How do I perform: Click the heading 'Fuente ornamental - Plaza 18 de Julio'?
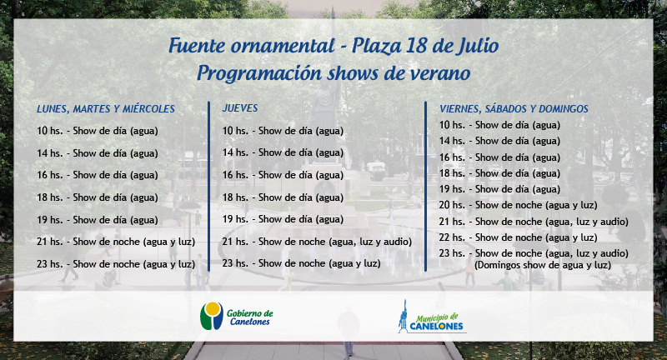(x=333, y=46)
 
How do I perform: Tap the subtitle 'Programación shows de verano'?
(x=333, y=73)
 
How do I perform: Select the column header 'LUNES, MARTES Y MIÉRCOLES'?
(x=106, y=109)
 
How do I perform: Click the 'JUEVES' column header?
(x=240, y=108)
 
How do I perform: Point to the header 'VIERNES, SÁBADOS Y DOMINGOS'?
(x=514, y=109)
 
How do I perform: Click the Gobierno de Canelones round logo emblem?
(x=212, y=316)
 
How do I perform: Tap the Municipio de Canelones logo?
(x=432, y=317)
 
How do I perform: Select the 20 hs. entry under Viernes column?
(x=518, y=205)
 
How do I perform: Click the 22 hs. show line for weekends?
(x=518, y=237)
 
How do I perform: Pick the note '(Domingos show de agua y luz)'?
(x=543, y=265)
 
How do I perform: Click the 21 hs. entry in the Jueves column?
(x=317, y=242)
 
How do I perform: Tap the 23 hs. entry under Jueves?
(x=301, y=263)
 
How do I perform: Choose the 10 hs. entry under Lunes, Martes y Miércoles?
(x=98, y=131)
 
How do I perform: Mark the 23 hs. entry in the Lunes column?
(x=116, y=264)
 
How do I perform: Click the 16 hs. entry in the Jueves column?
(x=283, y=175)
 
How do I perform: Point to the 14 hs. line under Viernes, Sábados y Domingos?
(x=499, y=141)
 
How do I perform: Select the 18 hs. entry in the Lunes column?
(x=98, y=197)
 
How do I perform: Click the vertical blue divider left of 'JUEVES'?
(x=209, y=186)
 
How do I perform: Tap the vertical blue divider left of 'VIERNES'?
(x=426, y=186)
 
